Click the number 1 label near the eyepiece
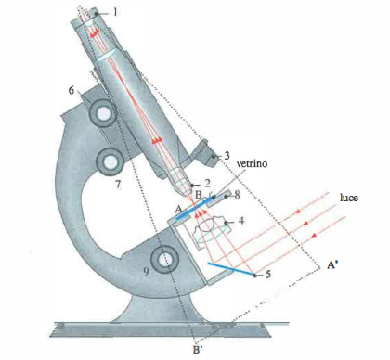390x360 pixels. click(x=115, y=12)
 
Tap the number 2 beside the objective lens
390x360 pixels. click(x=207, y=184)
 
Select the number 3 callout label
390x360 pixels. click(x=227, y=156)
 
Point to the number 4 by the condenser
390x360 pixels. click(x=241, y=221)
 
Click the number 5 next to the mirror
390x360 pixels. click(x=268, y=274)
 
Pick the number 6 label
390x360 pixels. click(x=71, y=90)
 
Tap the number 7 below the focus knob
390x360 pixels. click(x=118, y=185)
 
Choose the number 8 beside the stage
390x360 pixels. click(x=237, y=196)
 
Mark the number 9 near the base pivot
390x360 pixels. click(x=147, y=271)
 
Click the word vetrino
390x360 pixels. click(x=252, y=163)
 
